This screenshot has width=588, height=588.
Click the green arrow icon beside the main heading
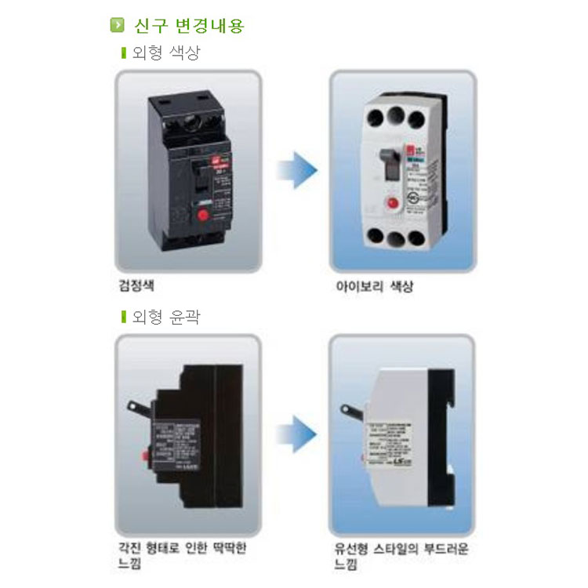pyautogui.click(x=118, y=25)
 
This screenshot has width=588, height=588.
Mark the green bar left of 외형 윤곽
pyautogui.click(x=123, y=317)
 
